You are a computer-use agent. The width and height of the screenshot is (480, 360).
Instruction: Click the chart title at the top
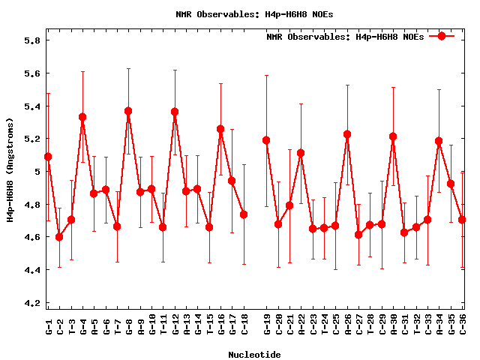[x=254, y=13]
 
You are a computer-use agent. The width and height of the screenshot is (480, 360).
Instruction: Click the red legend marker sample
[x=442, y=36]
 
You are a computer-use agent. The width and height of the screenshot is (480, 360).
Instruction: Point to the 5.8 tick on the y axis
[x=30, y=40]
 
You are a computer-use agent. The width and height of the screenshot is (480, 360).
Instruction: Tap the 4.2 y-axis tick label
[x=30, y=303]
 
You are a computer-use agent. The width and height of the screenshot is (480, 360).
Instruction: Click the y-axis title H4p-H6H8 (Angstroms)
[x=10, y=171]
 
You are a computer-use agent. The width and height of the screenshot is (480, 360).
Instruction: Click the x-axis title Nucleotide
[x=254, y=355]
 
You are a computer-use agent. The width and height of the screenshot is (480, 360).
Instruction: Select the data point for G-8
[x=128, y=111]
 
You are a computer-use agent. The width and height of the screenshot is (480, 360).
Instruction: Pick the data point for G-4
[x=82, y=117]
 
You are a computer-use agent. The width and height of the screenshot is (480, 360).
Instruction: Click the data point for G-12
[x=175, y=112]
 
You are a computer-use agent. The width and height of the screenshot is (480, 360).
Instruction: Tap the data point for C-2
[x=59, y=237]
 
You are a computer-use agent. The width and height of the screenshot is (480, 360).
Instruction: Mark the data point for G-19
[x=266, y=140]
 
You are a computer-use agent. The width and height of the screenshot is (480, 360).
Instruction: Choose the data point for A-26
[x=347, y=134]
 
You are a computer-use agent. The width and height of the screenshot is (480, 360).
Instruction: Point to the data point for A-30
[x=393, y=136]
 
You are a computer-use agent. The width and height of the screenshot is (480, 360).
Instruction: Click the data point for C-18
[x=244, y=214]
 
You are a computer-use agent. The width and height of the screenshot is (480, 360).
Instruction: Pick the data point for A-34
[x=439, y=141]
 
